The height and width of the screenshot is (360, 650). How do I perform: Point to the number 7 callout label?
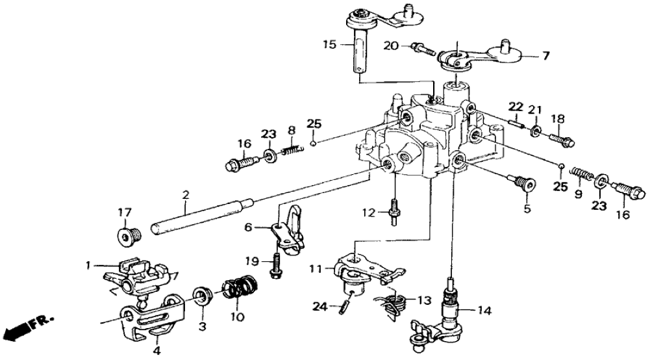(545, 56)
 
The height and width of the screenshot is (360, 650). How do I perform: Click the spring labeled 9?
(582, 175)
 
